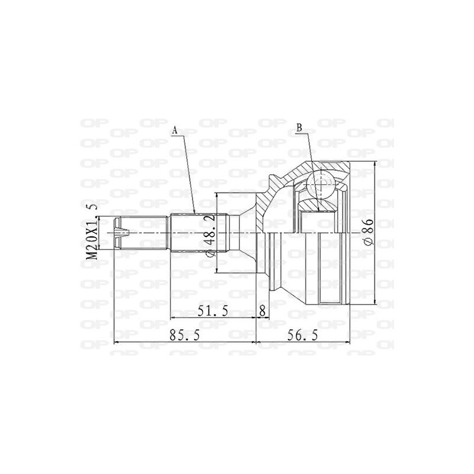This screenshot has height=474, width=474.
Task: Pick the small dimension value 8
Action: click(x=262, y=311)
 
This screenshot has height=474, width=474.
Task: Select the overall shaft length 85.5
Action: click(x=184, y=335)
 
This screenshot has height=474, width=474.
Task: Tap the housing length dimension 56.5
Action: click(x=303, y=335)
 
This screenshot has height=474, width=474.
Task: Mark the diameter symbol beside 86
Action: click(x=368, y=242)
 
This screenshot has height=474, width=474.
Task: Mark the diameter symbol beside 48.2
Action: click(x=209, y=253)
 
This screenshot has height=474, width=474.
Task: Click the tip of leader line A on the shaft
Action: click(x=196, y=213)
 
